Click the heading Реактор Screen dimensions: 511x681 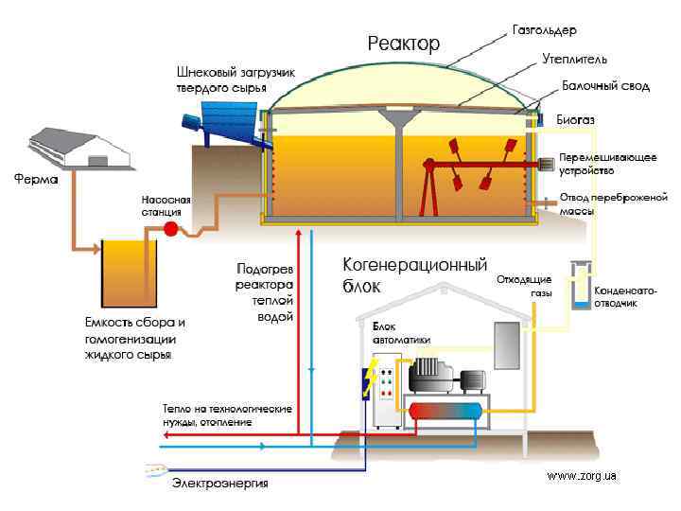tap(404, 44)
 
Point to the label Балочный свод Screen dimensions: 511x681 tap(606, 86)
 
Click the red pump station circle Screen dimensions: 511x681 tap(171, 229)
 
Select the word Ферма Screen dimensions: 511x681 tap(34, 178)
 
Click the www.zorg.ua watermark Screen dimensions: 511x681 tap(582, 476)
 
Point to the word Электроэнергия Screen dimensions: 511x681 tap(219, 485)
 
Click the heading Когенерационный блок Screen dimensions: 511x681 tap(412, 275)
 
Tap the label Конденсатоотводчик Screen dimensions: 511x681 tap(624, 295)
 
